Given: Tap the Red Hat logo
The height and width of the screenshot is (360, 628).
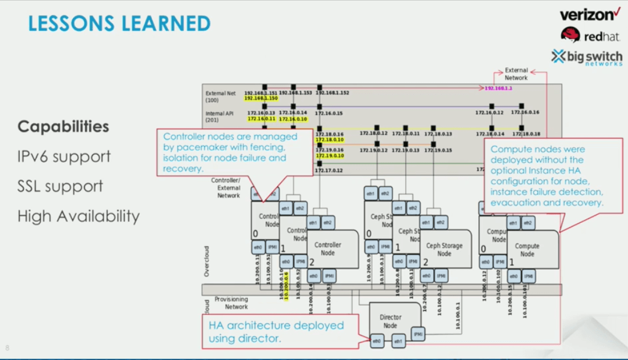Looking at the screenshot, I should click(x=590, y=35).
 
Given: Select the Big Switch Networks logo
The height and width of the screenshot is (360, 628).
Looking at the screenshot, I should click(x=587, y=57).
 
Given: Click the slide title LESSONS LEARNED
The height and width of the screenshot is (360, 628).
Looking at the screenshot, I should click(x=119, y=23).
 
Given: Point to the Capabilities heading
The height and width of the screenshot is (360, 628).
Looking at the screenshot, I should click(x=63, y=126).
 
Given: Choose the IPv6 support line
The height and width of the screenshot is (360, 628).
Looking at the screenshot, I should click(x=64, y=156).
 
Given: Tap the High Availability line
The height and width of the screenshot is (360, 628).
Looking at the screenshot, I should click(x=78, y=216).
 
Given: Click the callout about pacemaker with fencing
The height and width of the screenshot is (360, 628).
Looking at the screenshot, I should click(x=234, y=152).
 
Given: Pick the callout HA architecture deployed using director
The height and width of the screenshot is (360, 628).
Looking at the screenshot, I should click(x=276, y=332).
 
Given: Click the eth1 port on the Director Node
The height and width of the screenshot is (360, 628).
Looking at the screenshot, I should click(x=398, y=341).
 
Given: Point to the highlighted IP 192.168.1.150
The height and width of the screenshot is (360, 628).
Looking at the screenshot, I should click(x=260, y=98).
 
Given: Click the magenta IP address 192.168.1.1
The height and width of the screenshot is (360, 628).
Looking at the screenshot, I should click(x=498, y=89).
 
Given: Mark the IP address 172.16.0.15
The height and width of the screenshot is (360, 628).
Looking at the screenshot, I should click(x=329, y=114).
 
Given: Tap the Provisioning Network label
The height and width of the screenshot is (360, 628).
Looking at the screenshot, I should click(x=231, y=303).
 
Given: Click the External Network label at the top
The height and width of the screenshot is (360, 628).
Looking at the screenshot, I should click(x=516, y=74).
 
